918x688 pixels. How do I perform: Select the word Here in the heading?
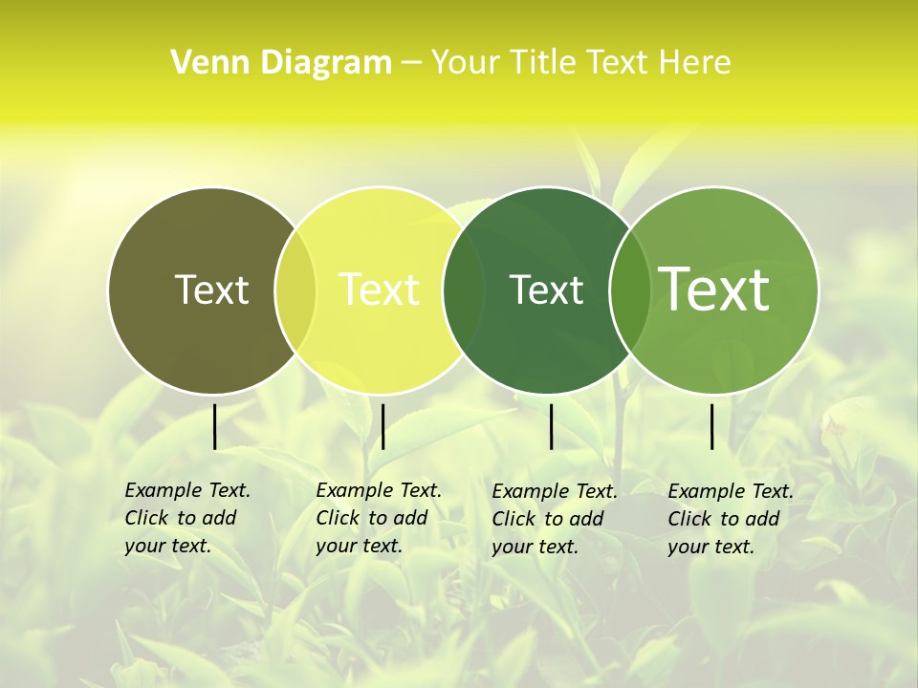pos(695,63)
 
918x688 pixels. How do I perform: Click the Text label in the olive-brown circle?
pos(211,290)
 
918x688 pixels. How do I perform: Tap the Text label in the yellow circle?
pos(380,290)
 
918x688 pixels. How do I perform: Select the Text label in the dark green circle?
pos(546,290)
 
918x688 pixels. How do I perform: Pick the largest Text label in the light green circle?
pos(714,290)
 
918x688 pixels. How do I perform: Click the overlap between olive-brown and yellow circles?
pos(295,290)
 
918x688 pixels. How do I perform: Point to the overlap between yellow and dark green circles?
pos(463,290)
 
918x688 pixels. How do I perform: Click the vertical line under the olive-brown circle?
pos(214,426)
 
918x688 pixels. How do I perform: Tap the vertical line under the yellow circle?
pos(382,426)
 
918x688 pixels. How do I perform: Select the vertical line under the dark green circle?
pos(551,426)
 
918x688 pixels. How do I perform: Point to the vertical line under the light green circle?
pos(711,426)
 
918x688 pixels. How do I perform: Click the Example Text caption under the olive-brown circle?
pos(187,518)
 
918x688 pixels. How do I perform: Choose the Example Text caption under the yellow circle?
pos(379,518)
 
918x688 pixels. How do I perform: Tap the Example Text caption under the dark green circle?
pos(555,519)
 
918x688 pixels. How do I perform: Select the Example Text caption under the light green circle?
pos(731,519)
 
